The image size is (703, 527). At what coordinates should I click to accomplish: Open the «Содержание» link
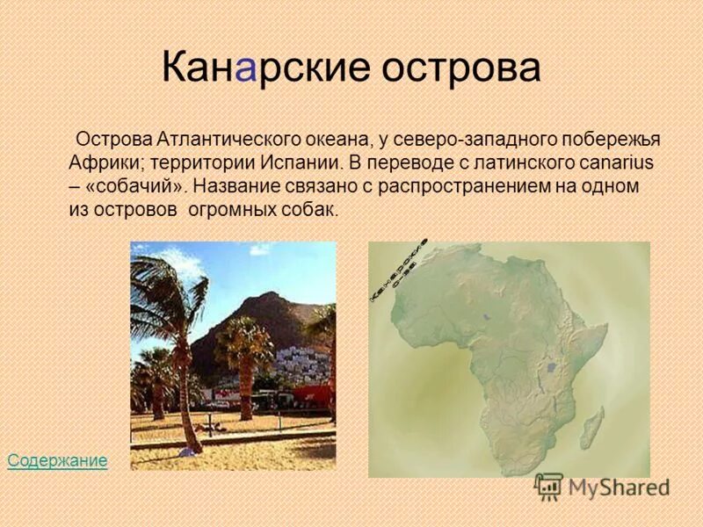57,460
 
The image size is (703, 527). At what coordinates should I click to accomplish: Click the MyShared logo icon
548,487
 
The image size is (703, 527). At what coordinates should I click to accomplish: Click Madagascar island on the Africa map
593,428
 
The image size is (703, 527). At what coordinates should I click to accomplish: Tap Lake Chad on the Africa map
485,315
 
